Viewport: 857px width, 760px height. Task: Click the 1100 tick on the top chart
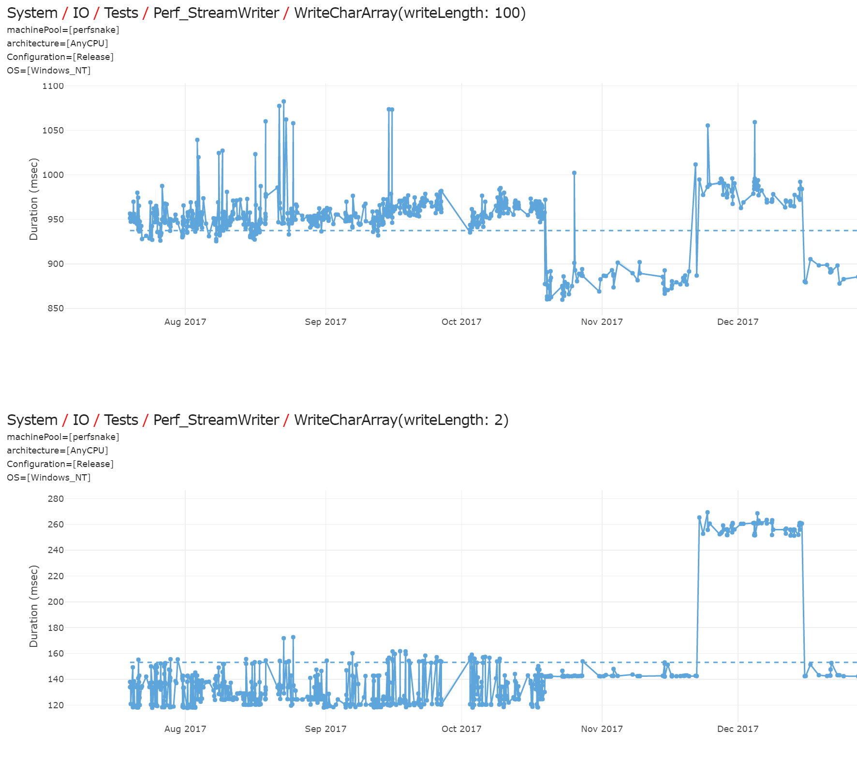coord(53,86)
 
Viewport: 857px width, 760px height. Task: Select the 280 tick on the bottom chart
coord(56,499)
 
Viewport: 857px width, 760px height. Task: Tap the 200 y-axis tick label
coord(56,602)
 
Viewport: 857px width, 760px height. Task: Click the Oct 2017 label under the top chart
coord(461,322)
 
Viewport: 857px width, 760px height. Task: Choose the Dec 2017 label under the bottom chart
coord(738,729)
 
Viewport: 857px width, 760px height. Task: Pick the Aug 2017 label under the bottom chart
coord(185,729)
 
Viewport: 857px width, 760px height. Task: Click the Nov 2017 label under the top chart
coord(602,322)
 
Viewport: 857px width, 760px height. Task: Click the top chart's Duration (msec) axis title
coord(33,199)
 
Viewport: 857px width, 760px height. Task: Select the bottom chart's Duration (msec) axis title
coord(33,606)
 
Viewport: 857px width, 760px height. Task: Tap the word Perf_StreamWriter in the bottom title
coord(216,420)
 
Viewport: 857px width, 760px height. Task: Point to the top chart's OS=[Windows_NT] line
coord(49,71)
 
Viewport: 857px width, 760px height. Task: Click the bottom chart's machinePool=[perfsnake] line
coord(63,437)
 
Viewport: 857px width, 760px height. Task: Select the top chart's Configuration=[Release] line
coord(60,57)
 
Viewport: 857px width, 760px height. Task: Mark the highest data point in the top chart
coord(284,102)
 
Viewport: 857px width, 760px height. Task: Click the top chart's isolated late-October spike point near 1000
coord(574,173)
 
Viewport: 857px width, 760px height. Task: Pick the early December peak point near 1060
coord(754,122)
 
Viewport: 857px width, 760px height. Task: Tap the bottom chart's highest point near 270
coord(708,512)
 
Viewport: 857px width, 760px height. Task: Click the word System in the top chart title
coord(32,13)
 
